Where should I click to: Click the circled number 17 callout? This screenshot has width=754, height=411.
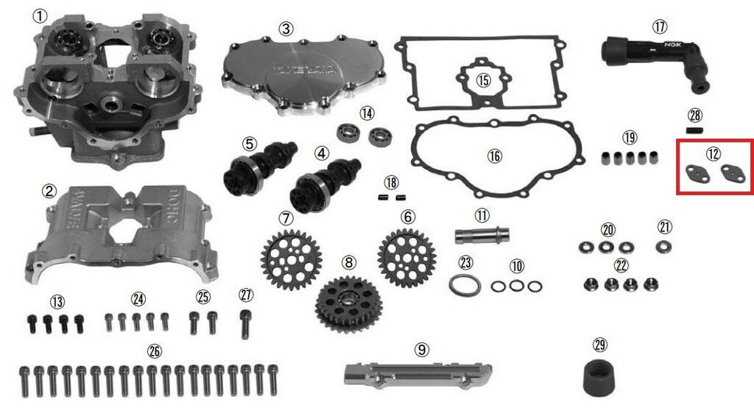659,26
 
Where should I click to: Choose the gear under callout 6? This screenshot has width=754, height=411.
406,253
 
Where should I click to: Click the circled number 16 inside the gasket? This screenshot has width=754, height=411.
494,156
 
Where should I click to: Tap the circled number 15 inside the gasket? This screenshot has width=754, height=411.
482,80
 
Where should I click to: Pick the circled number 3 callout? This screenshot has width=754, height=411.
286,29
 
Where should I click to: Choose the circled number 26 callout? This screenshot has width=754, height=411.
154,350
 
